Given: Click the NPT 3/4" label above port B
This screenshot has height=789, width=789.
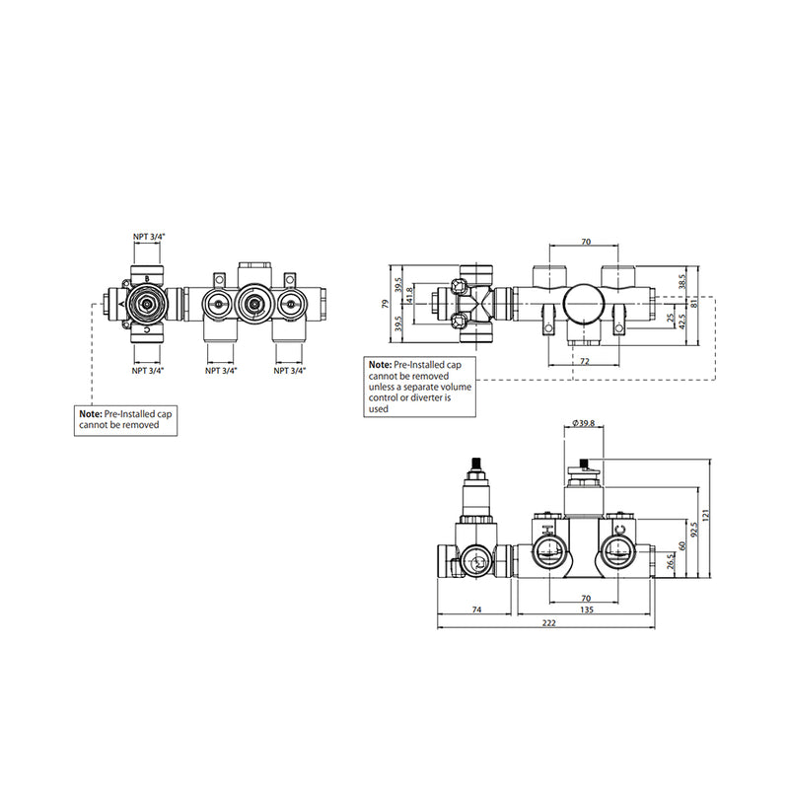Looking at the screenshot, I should [x=149, y=237].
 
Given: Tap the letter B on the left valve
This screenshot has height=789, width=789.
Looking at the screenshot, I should [x=147, y=278].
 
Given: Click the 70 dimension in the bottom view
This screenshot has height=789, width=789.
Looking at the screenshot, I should [x=585, y=598].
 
